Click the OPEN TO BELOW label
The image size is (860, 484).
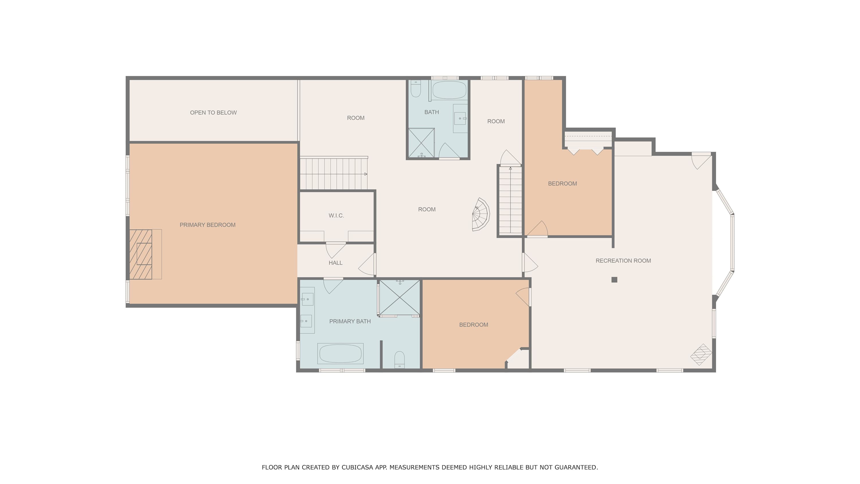pyautogui.click(x=213, y=112)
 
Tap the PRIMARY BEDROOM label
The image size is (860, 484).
pyautogui.click(x=207, y=225)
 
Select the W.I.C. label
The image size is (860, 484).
pyautogui.click(x=336, y=215)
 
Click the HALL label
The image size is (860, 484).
pyautogui.click(x=335, y=263)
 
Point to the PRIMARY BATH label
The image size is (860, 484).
pyautogui.click(x=350, y=321)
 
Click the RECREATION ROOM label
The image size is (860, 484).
pyautogui.click(x=623, y=261)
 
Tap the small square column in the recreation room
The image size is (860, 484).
pyautogui.click(x=614, y=279)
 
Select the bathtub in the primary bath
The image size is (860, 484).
pyautogui.click(x=340, y=353)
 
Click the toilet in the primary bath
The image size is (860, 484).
pyautogui.click(x=399, y=360)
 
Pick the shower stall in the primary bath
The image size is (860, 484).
pyautogui.click(x=400, y=297)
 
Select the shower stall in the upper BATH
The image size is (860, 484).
pyautogui.click(x=422, y=143)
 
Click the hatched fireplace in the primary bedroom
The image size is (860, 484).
pyautogui.click(x=140, y=254)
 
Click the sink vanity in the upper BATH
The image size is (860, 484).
pyautogui.click(x=460, y=118)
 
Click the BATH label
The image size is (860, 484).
pyautogui.click(x=432, y=112)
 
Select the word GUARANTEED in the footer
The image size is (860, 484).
pyautogui.click(x=576, y=467)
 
